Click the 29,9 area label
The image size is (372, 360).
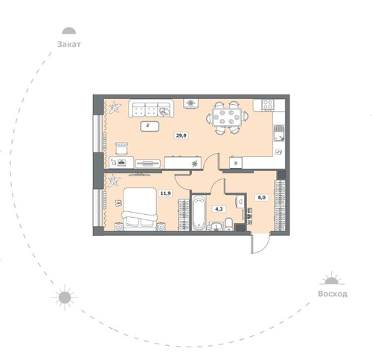(182, 135)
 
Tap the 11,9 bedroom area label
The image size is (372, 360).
(165, 193)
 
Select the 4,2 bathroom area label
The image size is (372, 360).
(219, 209)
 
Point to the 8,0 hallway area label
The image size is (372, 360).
(262, 198)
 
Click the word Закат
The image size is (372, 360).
(69, 45)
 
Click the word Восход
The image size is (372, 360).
(333, 294)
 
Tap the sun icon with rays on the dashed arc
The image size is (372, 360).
(65, 298)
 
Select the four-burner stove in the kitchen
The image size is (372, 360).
(268, 104)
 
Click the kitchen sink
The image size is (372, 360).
(279, 133)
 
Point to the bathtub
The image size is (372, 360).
(199, 213)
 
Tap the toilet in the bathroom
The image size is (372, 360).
(228, 224)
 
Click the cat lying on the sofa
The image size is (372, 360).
(164, 112)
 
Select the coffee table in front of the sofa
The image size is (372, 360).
(150, 126)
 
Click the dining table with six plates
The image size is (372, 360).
(227, 118)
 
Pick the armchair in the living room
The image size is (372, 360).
(121, 149)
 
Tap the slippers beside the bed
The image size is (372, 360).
(118, 203)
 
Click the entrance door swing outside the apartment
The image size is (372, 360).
(260, 243)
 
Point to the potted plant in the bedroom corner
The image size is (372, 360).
(114, 180)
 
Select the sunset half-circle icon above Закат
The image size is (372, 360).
(69, 30)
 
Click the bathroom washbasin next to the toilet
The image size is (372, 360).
(217, 226)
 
